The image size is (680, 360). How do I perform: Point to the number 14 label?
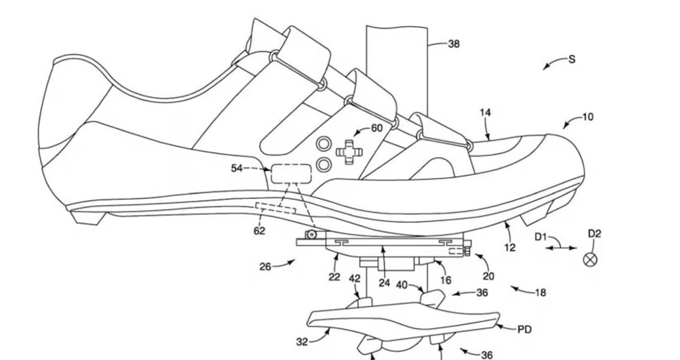click(x=485, y=113)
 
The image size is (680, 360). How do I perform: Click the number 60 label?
click(x=376, y=128)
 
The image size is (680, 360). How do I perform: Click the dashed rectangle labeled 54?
click(x=291, y=173)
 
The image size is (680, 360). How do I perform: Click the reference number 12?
click(x=510, y=247)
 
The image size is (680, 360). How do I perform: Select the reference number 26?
click(x=265, y=266)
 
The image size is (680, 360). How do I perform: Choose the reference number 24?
click(x=384, y=283)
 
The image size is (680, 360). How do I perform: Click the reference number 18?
click(x=540, y=293)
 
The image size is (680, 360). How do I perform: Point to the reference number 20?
click(x=488, y=276)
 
